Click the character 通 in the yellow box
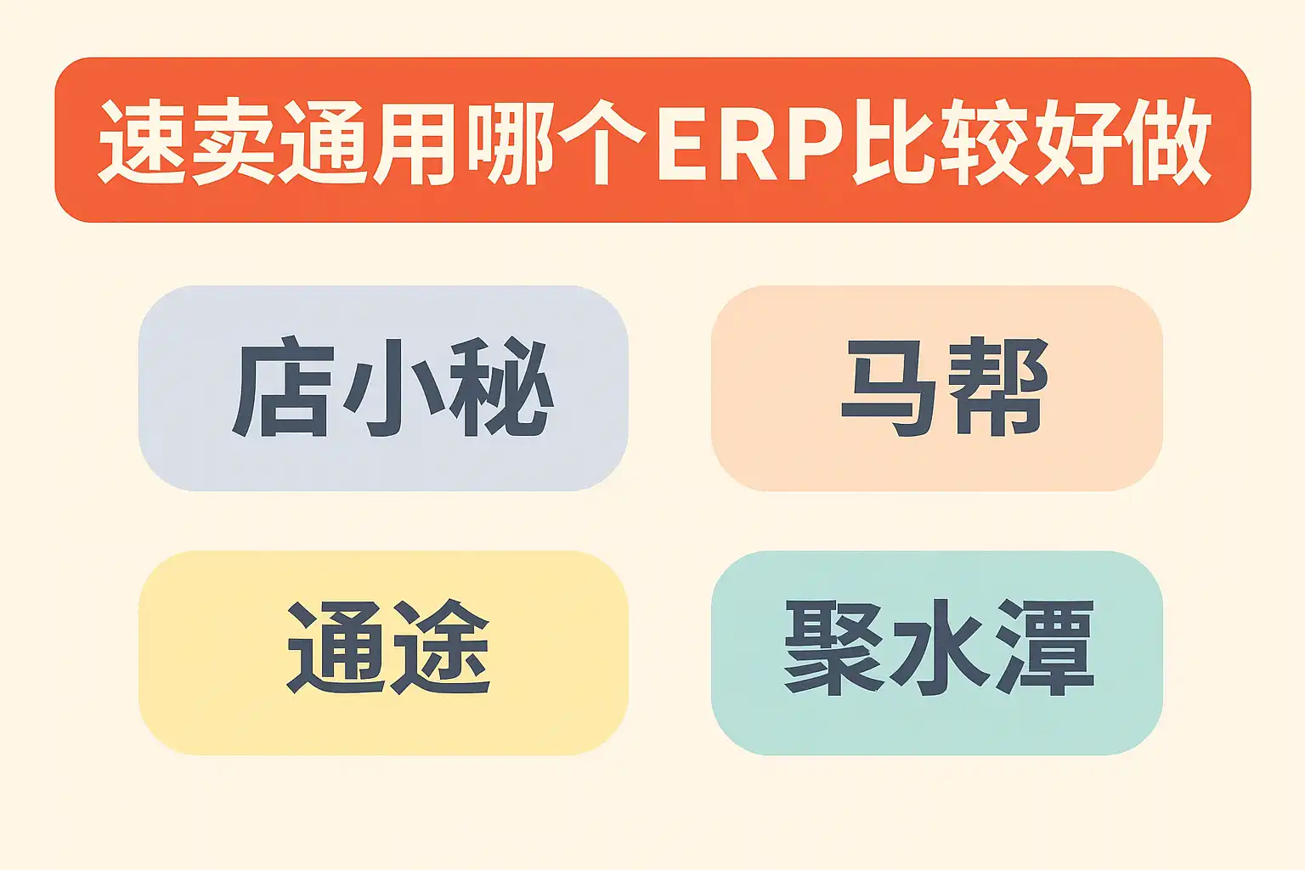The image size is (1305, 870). (336, 647)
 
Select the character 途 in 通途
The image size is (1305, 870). (440, 647)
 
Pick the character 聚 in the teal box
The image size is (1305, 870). (834, 648)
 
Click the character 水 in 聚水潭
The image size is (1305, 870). (939, 648)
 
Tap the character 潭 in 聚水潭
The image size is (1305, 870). (1045, 648)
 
